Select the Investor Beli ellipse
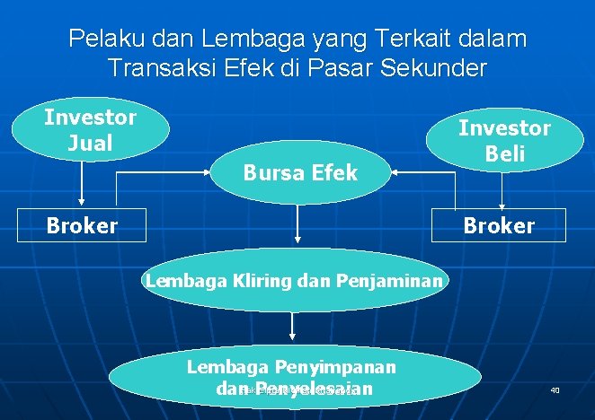click(504, 139)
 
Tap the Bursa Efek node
click(300, 171)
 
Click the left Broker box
click(83, 225)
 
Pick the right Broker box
click(499, 225)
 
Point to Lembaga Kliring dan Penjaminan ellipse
click(294, 281)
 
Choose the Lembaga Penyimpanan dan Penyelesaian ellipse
click(293, 378)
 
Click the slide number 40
click(555, 390)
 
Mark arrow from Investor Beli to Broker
click(504, 189)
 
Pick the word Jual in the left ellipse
click(91, 143)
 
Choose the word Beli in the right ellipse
click(505, 153)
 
